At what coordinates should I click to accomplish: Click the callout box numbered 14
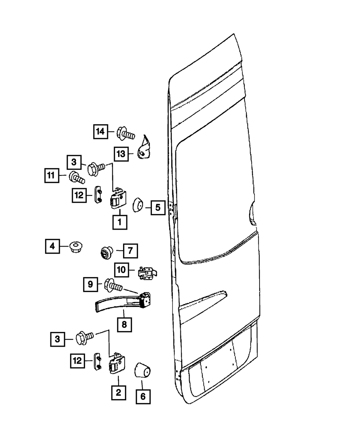tap(101, 132)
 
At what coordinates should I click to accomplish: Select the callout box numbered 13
tap(121, 154)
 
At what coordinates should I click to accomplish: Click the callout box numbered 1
tap(120, 222)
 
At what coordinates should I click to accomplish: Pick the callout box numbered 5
tap(157, 207)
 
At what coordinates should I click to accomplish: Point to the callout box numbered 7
tap(130, 251)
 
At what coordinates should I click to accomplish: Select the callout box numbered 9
tap(90, 284)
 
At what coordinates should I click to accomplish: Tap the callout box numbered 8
tap(124, 324)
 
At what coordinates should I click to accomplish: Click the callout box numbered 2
tap(118, 392)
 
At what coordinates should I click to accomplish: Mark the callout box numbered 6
tap(143, 396)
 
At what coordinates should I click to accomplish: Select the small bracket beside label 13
tap(145, 149)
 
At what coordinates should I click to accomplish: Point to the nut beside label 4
tap(75, 247)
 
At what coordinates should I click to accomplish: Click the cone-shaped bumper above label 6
tap(143, 370)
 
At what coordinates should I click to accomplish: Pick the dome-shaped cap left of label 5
tap(138, 205)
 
